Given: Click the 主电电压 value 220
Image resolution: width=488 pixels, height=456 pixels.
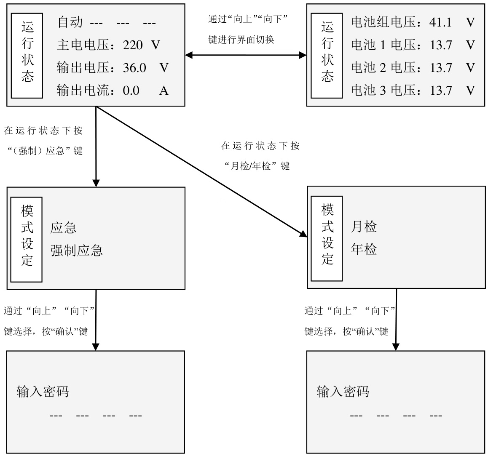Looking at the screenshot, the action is [x=133, y=45].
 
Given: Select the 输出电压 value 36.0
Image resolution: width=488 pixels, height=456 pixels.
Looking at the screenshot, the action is [x=134, y=68].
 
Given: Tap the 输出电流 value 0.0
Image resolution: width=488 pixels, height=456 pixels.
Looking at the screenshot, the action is [x=131, y=91].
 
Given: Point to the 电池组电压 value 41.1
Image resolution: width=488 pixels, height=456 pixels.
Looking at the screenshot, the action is [x=440, y=22].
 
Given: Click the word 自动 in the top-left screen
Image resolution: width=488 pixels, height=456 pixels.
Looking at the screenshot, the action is [x=70, y=22].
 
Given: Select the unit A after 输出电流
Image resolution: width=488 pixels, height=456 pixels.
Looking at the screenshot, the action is [x=164, y=91].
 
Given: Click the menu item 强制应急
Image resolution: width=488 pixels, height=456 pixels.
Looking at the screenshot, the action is [x=77, y=251].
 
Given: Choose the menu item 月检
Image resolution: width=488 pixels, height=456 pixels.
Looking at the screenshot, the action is [x=364, y=227].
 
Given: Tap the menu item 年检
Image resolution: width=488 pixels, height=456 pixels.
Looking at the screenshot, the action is [x=364, y=249].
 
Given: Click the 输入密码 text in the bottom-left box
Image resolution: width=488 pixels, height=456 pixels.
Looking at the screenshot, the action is [x=43, y=391].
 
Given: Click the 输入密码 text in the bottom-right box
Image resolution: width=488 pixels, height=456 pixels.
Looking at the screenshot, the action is [x=343, y=391].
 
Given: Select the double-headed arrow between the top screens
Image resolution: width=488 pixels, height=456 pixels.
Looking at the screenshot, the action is [x=246, y=55].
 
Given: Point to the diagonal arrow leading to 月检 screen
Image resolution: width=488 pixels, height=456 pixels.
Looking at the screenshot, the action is [x=202, y=172].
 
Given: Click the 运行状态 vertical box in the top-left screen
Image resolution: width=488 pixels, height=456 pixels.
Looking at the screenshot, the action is [x=27, y=56].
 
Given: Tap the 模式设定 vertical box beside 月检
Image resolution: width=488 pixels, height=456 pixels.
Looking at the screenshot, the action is [x=327, y=239].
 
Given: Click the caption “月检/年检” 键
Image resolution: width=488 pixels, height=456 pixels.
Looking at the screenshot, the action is [x=257, y=166].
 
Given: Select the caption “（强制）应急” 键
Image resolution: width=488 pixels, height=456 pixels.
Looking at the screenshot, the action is [x=45, y=151].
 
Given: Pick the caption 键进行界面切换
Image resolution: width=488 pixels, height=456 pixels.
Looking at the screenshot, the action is [x=241, y=40].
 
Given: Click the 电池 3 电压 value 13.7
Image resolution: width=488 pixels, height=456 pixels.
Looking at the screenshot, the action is [x=441, y=91].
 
